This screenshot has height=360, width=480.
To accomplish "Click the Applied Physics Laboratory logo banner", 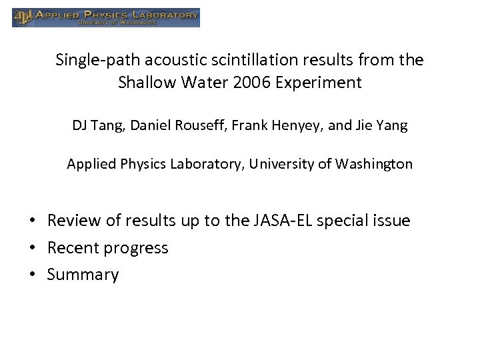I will click(x=106, y=17).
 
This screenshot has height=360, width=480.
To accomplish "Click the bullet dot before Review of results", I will click(x=32, y=221).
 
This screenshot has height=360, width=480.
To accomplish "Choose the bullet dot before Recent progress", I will click(x=32, y=249).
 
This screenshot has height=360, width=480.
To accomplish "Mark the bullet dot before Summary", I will click(x=32, y=275).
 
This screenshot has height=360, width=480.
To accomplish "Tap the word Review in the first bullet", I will click(x=70, y=221).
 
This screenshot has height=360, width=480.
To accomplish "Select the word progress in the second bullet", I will click(x=138, y=249).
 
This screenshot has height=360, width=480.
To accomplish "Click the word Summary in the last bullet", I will click(x=83, y=275).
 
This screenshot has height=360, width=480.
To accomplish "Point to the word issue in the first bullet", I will click(x=393, y=221).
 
